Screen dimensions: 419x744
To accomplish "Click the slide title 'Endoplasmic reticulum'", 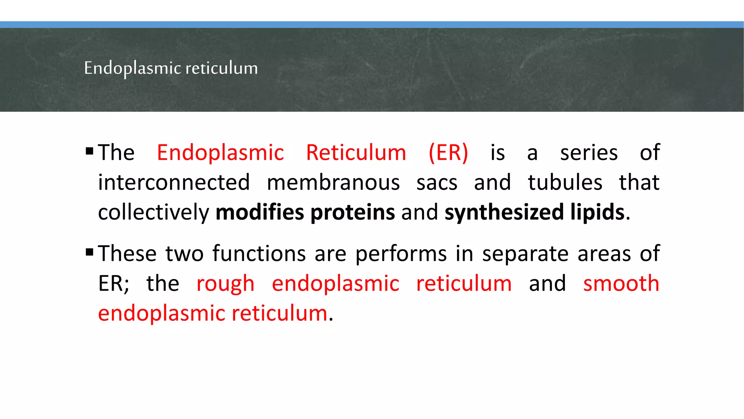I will coord(171,68).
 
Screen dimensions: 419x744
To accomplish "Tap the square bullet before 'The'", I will coord(89,151).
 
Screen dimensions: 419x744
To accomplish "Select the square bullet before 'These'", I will coord(89,252).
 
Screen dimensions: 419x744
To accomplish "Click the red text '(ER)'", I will coord(448,152).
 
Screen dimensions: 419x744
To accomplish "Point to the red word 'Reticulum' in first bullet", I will coord(356,152).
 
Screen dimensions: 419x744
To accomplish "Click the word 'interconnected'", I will coord(174,182).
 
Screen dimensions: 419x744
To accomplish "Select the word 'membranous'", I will coord(333,182).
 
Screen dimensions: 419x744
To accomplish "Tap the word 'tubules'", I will coord(565,182).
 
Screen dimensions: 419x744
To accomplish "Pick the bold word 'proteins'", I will coord(352,212).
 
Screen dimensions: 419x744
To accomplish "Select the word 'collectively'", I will coord(154,213).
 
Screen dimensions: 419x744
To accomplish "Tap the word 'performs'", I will coord(401,254).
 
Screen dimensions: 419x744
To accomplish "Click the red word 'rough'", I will coord(225,284).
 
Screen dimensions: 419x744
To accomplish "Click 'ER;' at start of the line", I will coord(114,284).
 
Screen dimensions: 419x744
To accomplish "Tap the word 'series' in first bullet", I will coord(589,152).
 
